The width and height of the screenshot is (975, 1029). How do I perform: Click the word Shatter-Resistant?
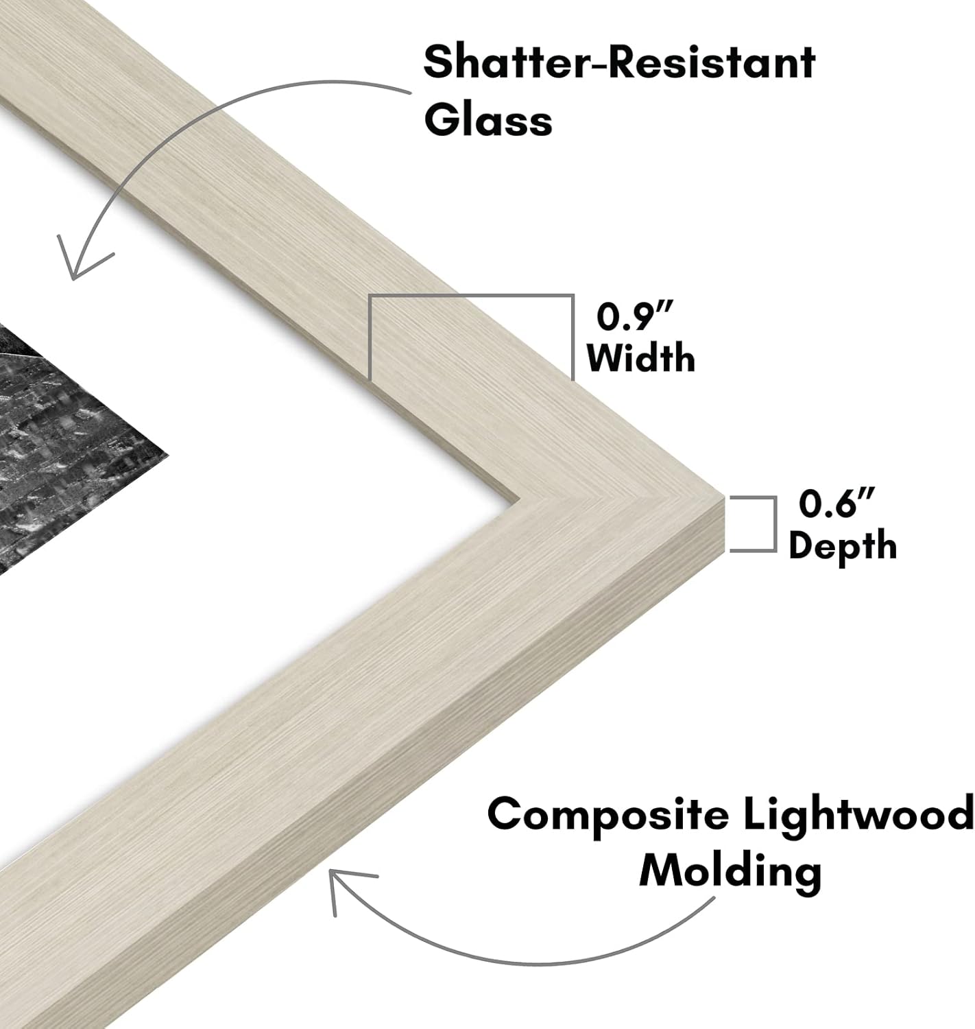(619, 63)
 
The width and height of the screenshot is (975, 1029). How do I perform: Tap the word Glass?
(487, 121)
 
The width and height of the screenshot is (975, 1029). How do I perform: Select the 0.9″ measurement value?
(634, 316)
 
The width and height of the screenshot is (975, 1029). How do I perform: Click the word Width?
(640, 359)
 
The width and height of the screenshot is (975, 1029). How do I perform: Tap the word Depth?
(842, 545)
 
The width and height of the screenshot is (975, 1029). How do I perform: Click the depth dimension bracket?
(775, 523)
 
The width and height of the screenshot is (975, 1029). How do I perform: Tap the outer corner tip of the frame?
(723, 496)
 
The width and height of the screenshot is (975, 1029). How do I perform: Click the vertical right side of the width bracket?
(573, 337)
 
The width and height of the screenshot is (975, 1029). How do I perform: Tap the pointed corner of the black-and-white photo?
(168, 458)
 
